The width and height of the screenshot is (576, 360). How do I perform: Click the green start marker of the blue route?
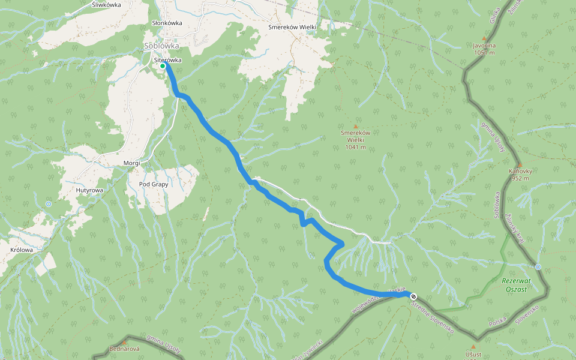(163, 66)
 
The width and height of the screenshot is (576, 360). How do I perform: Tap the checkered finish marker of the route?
(413, 296)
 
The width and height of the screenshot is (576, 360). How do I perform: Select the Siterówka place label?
(167, 60)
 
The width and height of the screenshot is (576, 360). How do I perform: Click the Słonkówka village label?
(167, 23)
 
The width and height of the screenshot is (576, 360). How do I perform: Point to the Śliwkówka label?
(107, 4)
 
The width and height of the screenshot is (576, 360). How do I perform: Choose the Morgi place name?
(131, 163)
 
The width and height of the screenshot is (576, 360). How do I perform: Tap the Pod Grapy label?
(154, 184)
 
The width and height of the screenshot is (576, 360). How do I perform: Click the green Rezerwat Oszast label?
(514, 285)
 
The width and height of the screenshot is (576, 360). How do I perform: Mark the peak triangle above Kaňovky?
(520, 164)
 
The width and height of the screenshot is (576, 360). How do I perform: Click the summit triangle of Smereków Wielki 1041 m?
(355, 126)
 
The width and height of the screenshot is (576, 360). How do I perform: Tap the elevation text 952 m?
(520, 178)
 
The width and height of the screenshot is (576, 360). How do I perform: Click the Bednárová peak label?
(124, 349)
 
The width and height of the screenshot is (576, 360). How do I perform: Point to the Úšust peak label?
(473, 354)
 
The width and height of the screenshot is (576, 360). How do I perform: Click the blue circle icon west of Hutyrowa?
(49, 204)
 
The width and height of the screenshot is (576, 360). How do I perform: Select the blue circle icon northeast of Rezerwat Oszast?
(538, 267)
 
